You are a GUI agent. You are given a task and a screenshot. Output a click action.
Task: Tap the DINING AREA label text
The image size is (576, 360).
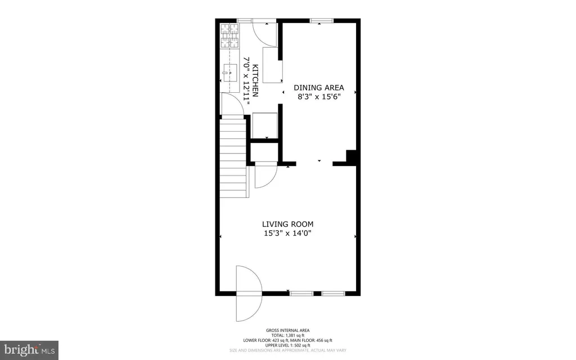(319, 88)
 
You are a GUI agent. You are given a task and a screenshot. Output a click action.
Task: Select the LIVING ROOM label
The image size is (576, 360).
(287, 224)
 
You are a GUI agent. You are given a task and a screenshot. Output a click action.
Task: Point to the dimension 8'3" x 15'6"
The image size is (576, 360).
(319, 97)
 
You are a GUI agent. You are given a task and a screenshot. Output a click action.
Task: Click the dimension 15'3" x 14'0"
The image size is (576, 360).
(287, 233)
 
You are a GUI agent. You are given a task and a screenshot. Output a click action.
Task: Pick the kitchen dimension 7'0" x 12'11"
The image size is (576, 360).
(246, 80)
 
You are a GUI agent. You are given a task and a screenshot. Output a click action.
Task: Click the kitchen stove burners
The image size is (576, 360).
(229, 36)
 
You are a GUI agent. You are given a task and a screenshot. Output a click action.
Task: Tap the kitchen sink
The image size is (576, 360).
(229, 73)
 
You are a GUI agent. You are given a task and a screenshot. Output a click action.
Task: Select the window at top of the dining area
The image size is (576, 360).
(322, 21)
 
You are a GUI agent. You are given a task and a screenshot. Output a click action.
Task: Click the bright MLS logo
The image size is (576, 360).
(29, 350)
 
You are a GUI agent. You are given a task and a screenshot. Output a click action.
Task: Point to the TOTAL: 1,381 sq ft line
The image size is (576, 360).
(287, 335)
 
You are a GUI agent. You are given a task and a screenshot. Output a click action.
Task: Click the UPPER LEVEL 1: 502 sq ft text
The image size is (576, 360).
(287, 345)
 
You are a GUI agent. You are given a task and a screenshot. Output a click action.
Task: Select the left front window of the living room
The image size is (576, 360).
(301, 294)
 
